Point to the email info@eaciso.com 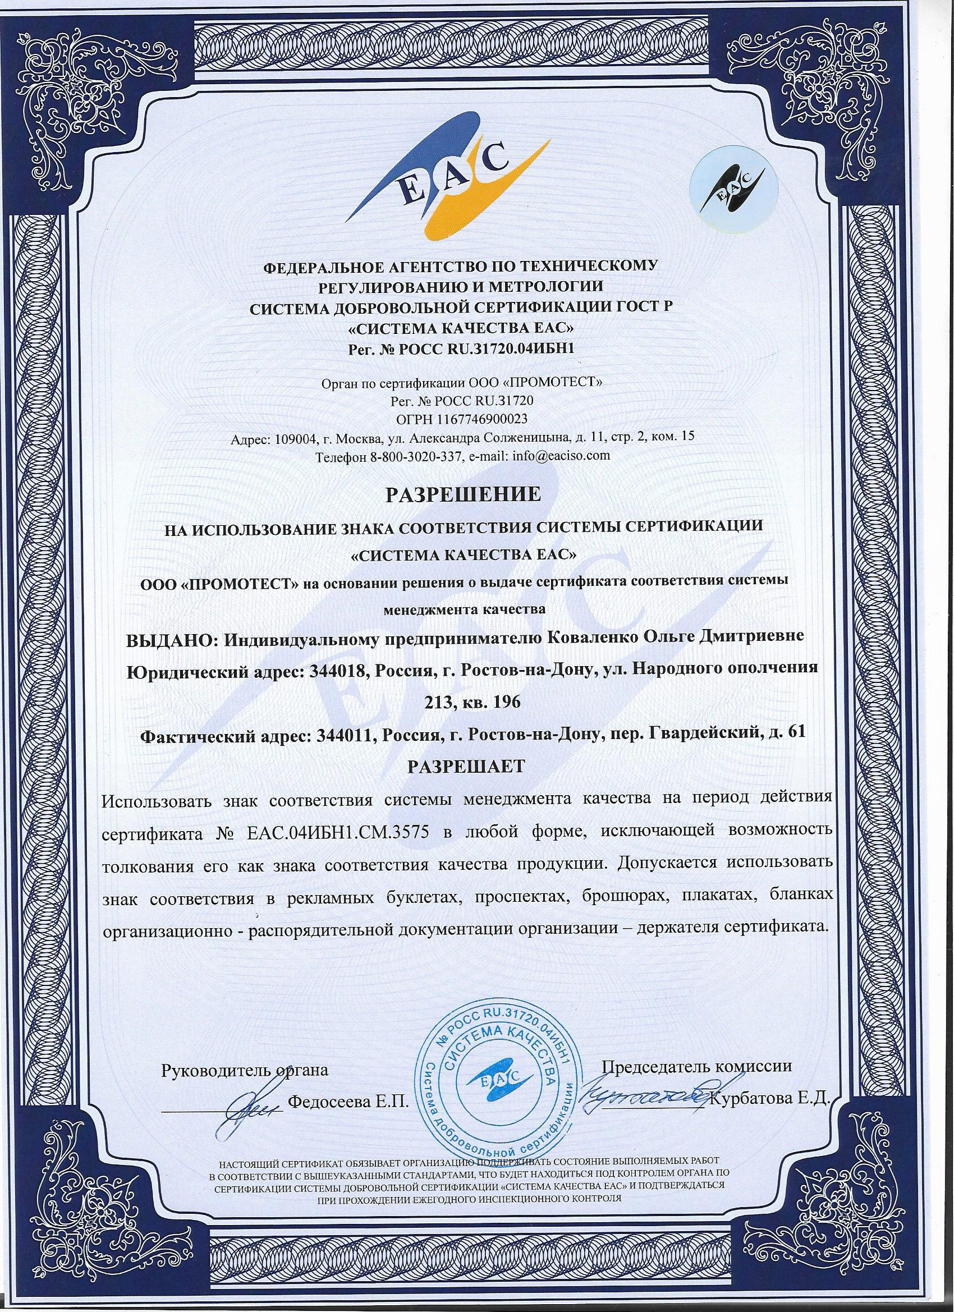click(x=557, y=455)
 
